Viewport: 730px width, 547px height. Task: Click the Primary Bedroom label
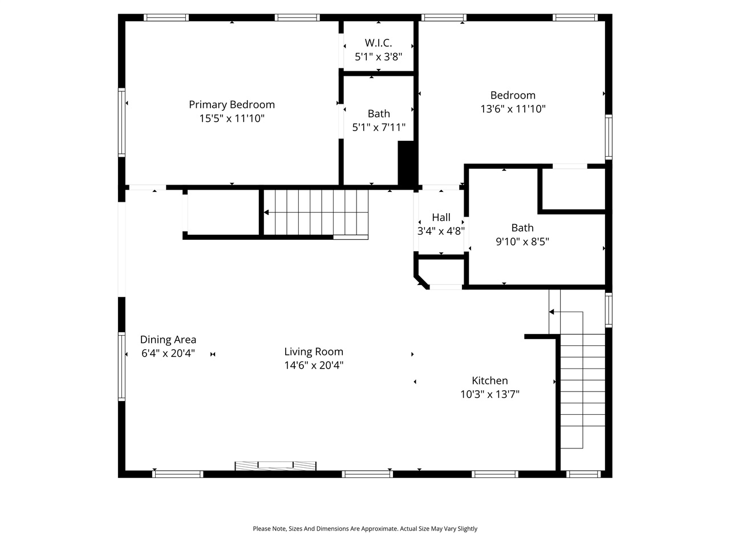pos(232,105)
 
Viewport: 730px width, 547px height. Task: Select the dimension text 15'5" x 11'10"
pos(232,119)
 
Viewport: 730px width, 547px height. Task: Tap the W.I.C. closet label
pos(378,43)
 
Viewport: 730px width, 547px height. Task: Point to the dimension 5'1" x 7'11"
pos(379,128)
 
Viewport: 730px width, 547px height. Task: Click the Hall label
pos(441,218)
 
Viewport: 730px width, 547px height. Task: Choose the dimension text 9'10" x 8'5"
pos(522,242)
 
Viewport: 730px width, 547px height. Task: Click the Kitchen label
pos(489,381)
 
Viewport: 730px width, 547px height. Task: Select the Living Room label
pos(314,352)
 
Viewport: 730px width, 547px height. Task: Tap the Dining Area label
pos(168,340)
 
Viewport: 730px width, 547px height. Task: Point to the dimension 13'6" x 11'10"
pos(513,109)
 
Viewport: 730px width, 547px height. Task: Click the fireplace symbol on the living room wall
pos(276,466)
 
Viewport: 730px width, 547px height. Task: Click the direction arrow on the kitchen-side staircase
pos(551,312)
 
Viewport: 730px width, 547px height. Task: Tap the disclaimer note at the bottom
pos(365,529)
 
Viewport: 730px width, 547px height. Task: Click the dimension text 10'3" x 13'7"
pos(489,394)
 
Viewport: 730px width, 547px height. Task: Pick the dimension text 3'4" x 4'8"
pos(441,231)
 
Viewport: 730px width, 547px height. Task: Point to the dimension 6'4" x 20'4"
pos(168,353)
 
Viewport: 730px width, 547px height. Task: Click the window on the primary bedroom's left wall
pos(121,122)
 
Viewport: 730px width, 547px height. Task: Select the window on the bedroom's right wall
pos(609,137)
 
